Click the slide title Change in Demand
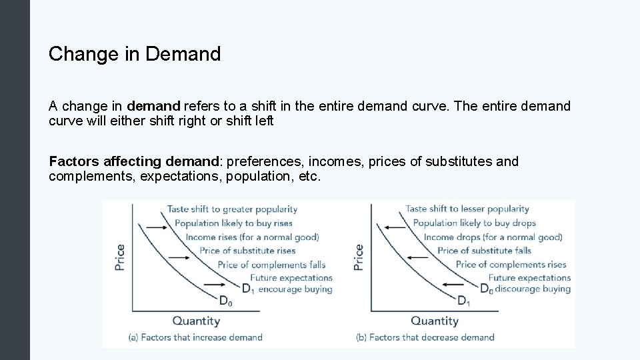point(134,54)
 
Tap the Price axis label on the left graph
point(120,257)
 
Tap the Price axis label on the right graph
point(359,257)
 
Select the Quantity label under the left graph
point(196,321)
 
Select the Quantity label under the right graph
point(435,321)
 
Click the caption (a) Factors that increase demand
point(195,337)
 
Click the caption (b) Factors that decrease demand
point(425,337)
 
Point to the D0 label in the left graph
point(226,301)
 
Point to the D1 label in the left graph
point(247,289)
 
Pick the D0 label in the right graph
point(486,289)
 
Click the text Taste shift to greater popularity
point(232,209)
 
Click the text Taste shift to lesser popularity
point(467,209)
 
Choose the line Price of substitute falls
point(484,251)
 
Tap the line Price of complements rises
point(511,264)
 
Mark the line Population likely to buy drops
point(474,223)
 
